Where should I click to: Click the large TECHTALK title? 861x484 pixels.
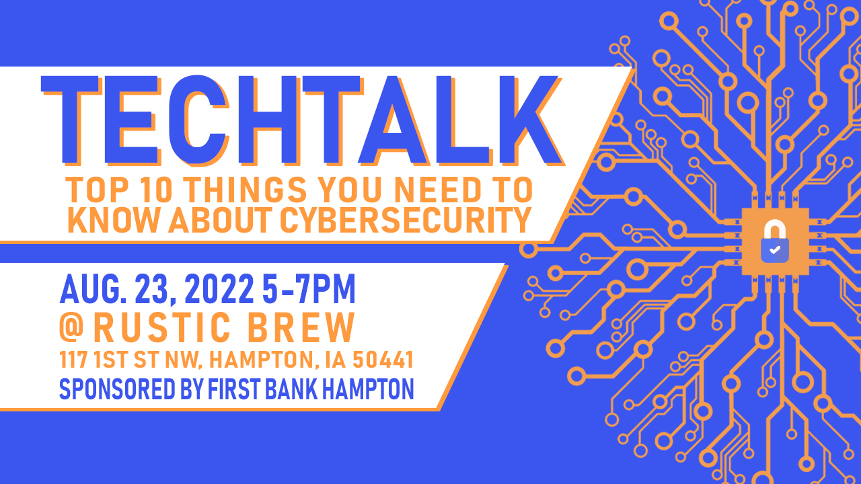tap(303, 120)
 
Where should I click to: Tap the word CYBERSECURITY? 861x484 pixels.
tap(406, 220)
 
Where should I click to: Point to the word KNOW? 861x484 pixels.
tap(113, 220)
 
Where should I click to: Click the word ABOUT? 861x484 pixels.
tap(220, 220)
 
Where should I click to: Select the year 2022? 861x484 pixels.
tap(219, 289)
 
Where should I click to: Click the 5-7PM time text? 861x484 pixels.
tap(309, 289)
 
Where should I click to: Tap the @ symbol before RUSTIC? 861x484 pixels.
tap(71, 327)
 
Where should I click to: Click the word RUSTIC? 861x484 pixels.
tap(162, 327)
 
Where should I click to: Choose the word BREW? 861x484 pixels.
tap(301, 327)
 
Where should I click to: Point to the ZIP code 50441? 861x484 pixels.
tap(383, 360)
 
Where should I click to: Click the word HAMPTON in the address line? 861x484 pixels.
tap(264, 360)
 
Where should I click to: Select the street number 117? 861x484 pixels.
tap(73, 360)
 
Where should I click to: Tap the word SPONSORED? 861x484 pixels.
tap(117, 389)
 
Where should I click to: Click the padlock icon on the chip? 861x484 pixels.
tap(775, 241)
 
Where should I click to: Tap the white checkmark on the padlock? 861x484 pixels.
tap(775, 250)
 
